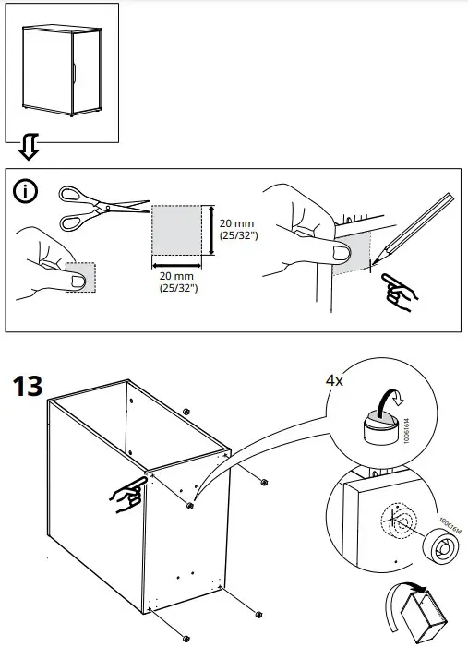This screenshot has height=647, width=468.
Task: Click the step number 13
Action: click(28, 385)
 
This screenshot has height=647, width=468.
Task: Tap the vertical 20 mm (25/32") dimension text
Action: click(238, 230)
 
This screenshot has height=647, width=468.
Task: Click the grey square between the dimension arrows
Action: click(175, 230)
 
